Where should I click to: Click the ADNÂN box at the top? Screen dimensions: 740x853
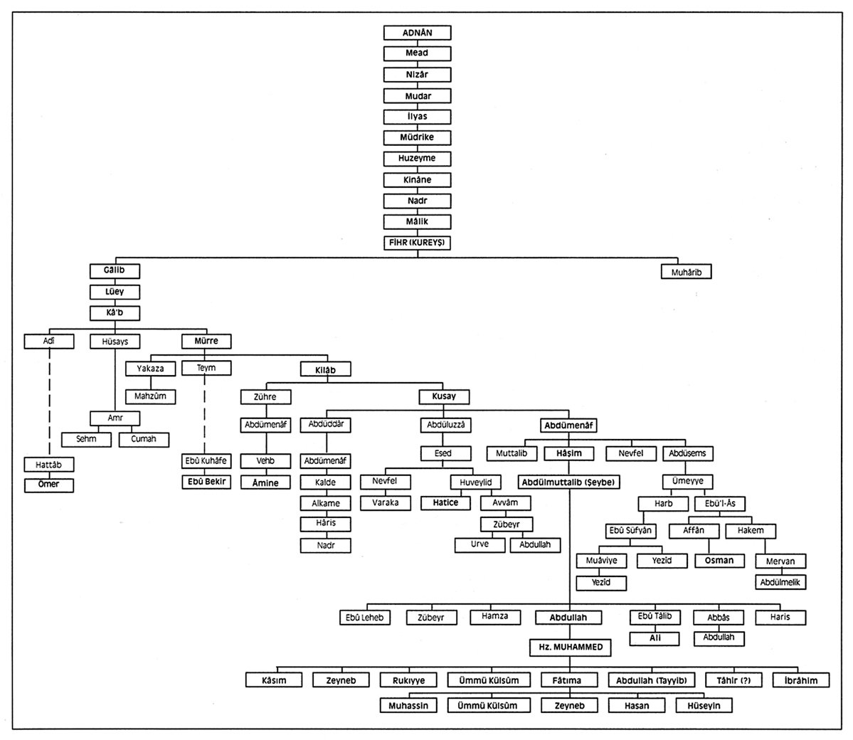[x=418, y=33]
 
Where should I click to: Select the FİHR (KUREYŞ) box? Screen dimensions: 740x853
[x=418, y=243]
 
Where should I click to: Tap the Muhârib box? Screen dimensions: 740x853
[x=686, y=272]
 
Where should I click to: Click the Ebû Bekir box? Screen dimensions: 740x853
[x=206, y=482]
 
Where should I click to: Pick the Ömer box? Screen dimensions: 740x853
[x=49, y=485]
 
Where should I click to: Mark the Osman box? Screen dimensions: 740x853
[x=719, y=561]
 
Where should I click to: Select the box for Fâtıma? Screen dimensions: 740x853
[x=566, y=680]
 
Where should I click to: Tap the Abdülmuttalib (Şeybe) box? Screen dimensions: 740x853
[x=569, y=482]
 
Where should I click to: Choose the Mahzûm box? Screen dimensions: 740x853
[x=150, y=396]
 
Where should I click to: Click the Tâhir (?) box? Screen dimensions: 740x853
[x=733, y=680]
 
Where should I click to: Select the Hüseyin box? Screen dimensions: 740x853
[x=704, y=706]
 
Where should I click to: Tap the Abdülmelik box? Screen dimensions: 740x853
[x=780, y=582]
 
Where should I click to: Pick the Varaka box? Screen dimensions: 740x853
[x=385, y=503]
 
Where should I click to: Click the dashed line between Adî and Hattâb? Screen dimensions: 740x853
[x=49, y=402]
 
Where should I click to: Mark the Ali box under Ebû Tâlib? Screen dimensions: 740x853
[x=655, y=638]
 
